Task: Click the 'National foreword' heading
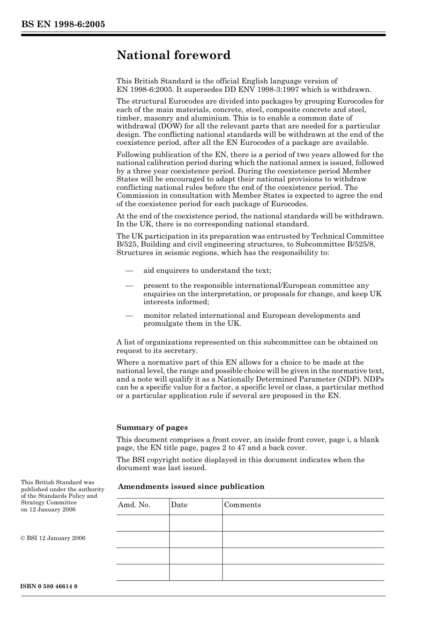(x=173, y=55)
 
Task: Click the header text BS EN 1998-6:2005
(x=63, y=25)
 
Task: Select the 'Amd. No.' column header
(x=134, y=505)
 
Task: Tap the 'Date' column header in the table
(x=179, y=505)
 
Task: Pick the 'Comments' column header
(x=242, y=505)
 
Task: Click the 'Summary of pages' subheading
(x=152, y=427)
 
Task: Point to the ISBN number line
(x=49, y=586)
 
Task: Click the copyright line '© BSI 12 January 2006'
(x=53, y=538)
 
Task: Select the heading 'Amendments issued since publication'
(x=191, y=487)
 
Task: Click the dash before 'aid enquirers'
(x=129, y=271)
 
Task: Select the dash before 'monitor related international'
(x=129, y=315)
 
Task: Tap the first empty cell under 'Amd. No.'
(x=142, y=523)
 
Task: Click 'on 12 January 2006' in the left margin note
(x=48, y=510)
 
